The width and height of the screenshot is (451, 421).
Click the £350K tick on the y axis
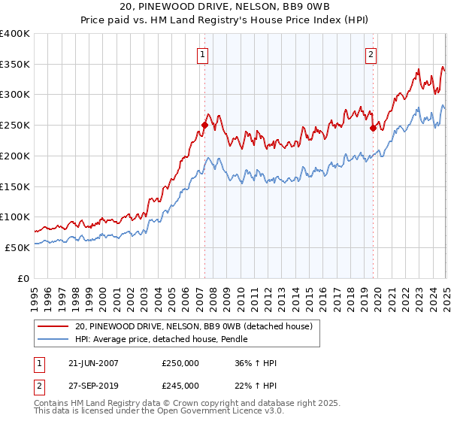15,65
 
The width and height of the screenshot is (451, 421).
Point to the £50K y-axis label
17,247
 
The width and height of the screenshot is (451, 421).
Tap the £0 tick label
23,278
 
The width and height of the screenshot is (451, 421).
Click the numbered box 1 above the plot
203,53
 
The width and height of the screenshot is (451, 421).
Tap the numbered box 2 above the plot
371,53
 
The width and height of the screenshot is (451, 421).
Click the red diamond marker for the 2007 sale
204,126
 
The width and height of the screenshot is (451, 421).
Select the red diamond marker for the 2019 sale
373,129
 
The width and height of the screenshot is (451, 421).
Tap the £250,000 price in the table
180,363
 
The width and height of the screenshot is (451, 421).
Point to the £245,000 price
180,386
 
